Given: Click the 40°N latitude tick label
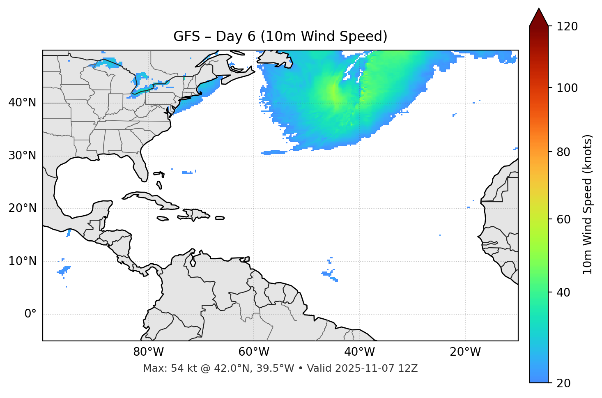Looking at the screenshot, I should tap(22, 103).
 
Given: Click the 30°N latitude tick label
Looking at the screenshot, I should tap(22, 156).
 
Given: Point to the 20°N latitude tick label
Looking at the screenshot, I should tap(22, 208).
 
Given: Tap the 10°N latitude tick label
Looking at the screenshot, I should tap(22, 261).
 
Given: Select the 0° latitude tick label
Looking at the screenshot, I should tap(30, 314).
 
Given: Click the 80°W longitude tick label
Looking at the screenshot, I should tap(148, 352).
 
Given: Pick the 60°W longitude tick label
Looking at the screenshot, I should tap(254, 352).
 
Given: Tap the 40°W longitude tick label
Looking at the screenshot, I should tap(360, 352).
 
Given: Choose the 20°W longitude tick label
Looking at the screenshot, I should tap(465, 352).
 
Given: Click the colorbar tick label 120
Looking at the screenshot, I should tap(567, 27).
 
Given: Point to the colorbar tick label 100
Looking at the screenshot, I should tap(567, 88).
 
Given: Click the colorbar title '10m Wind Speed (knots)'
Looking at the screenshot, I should tap(588, 204).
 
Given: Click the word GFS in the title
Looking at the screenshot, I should tap(186, 37).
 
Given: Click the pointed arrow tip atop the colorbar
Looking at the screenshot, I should tap(539, 10).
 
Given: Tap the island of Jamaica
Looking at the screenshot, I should tap(163, 219).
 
